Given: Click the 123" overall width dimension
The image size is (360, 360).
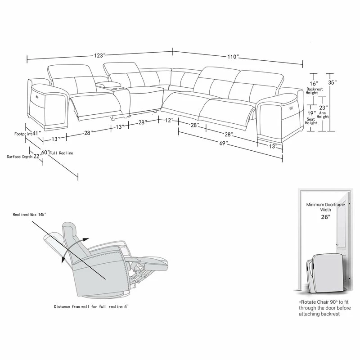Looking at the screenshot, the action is click(x=99, y=55).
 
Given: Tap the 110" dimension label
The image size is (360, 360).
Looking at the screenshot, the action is click(x=233, y=57).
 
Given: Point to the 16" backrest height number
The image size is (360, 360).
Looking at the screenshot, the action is click(x=314, y=84).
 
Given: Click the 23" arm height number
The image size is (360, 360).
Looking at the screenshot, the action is click(x=323, y=108).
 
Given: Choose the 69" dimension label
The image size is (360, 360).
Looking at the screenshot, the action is click(x=223, y=143).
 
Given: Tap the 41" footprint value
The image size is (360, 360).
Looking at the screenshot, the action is click(x=36, y=133).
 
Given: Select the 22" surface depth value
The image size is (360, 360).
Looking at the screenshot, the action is click(x=37, y=156).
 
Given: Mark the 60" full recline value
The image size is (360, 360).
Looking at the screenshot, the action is click(x=45, y=152).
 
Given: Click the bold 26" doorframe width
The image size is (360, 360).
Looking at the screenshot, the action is click(x=325, y=217).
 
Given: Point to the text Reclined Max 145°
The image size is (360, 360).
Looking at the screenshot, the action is click(x=29, y=215).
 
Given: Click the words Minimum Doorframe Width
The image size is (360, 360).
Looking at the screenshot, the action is click(x=325, y=207).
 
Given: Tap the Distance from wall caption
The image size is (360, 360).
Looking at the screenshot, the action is click(x=91, y=306).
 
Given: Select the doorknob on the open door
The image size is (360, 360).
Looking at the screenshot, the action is click(x=337, y=245).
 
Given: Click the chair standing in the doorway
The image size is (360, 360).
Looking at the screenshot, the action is click(x=325, y=274).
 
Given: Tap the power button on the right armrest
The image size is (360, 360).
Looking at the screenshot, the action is click(x=292, y=107).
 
